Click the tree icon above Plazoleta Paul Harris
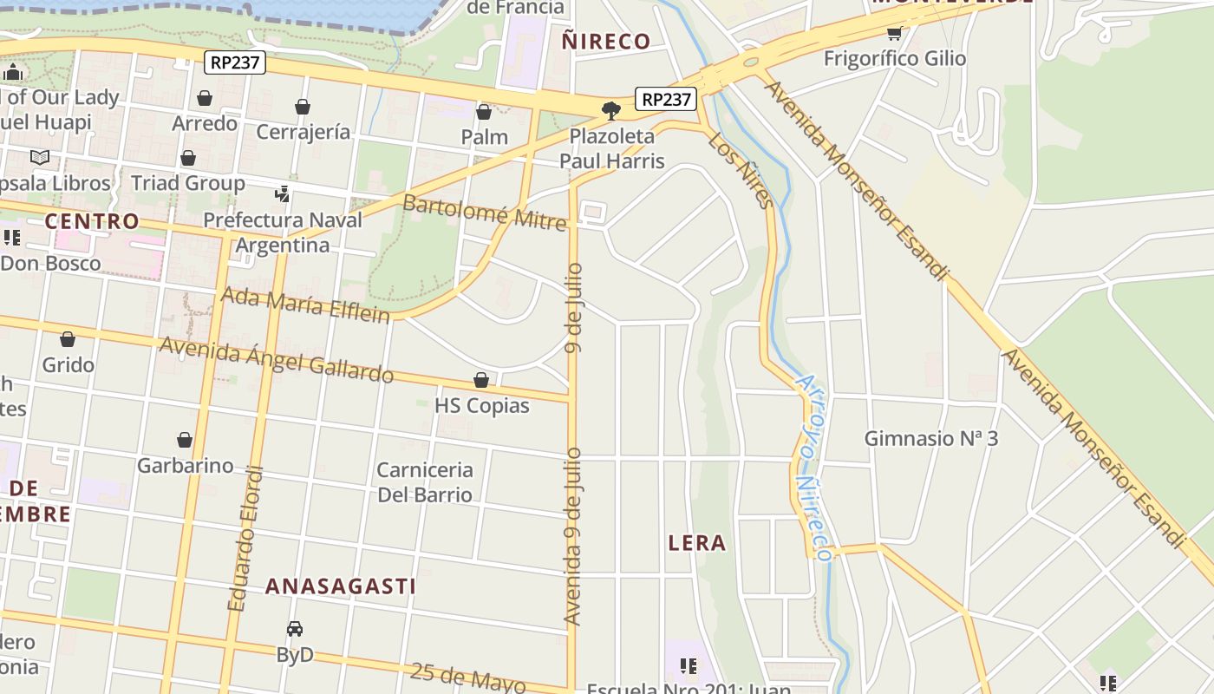[x=611, y=110]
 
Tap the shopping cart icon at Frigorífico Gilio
[x=894, y=34]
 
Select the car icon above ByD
[x=295, y=629]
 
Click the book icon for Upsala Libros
[x=40, y=158]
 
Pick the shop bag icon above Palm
[x=484, y=112]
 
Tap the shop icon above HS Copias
[x=481, y=381]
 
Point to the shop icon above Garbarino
[x=185, y=441]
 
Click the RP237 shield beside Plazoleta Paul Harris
[x=666, y=99]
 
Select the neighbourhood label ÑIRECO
[x=605, y=41]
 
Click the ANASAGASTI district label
[x=341, y=586]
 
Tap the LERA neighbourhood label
[x=697, y=543]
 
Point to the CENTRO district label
[x=92, y=221]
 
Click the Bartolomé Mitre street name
[x=484, y=213]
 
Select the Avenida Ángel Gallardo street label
[x=276, y=359]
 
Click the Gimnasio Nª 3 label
[x=930, y=438]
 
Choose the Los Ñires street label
[x=740, y=171]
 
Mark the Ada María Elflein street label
[x=305, y=304]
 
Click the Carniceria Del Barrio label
[x=425, y=482]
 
